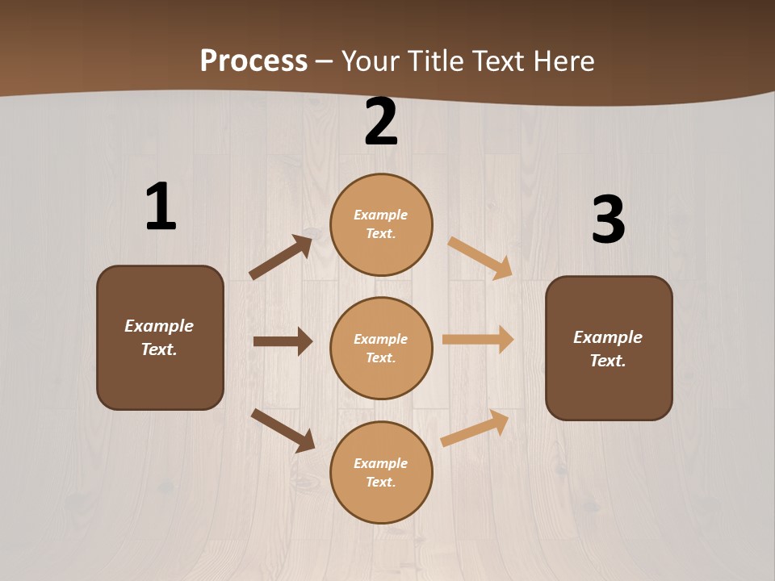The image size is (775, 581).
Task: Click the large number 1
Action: click(x=161, y=207)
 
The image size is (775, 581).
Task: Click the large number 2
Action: click(x=381, y=122)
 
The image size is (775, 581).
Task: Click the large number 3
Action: click(x=608, y=220)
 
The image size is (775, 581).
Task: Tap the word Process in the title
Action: click(x=253, y=61)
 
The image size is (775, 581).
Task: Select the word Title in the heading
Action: click(x=434, y=61)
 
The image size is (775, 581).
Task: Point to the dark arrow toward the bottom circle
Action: click(x=283, y=429)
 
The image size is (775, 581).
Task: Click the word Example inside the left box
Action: click(x=159, y=326)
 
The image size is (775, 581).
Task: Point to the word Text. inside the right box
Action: click(x=608, y=361)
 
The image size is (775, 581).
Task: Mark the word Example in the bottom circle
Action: click(x=380, y=463)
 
